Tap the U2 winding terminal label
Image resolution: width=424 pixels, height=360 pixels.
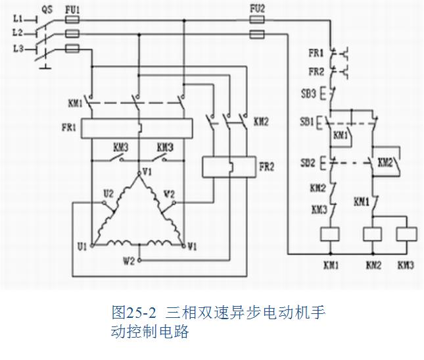[109, 194]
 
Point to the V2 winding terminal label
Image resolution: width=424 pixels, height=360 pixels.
[168, 194]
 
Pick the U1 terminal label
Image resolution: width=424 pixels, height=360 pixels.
[82, 247]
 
